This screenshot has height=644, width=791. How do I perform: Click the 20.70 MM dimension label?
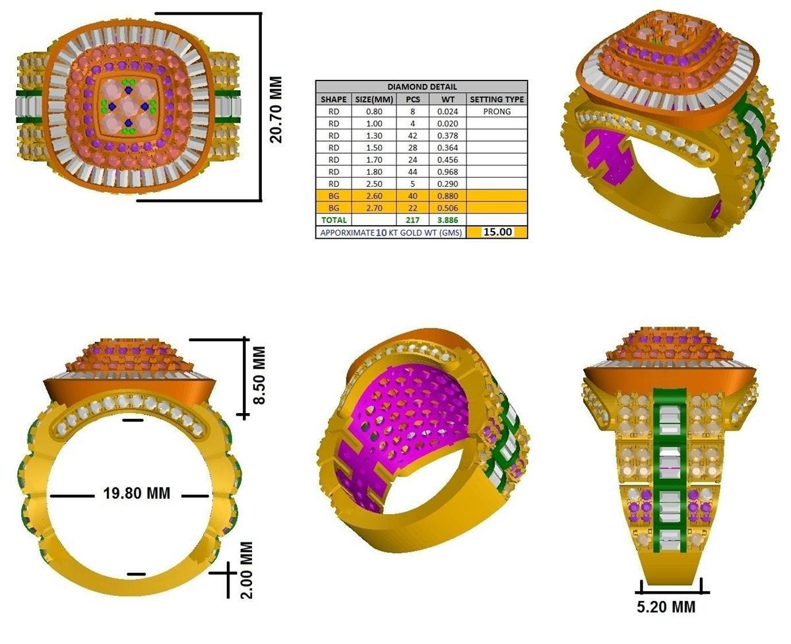click(x=276, y=110)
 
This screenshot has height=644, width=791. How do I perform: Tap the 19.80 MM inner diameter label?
click(x=135, y=494)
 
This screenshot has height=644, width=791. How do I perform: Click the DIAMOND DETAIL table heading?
click(x=422, y=86)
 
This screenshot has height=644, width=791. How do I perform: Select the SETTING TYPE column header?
click(x=496, y=99)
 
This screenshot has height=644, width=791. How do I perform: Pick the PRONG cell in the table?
click(x=496, y=112)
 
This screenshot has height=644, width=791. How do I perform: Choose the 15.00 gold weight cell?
click(x=496, y=232)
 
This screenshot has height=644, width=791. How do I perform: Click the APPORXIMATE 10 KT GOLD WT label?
click(x=391, y=232)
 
